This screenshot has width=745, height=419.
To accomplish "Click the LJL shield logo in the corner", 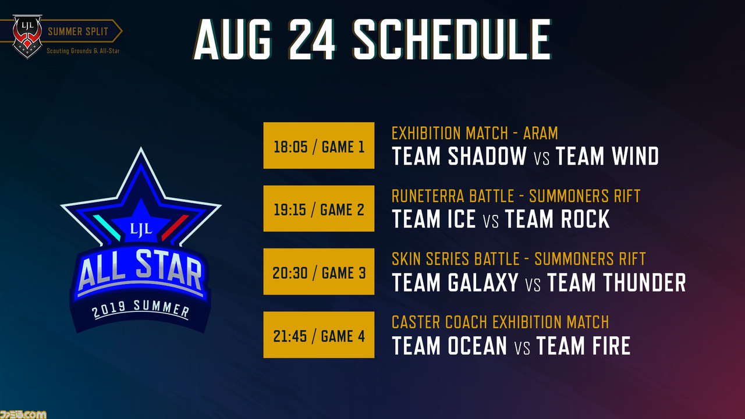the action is tap(27, 36).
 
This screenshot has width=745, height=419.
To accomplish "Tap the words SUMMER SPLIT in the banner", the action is tap(78, 31).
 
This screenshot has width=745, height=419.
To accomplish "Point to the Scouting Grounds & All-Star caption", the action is tap(83, 51).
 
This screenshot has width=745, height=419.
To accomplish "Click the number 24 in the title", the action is tap(311, 39).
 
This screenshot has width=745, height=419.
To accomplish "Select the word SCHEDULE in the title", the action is tap(452, 39).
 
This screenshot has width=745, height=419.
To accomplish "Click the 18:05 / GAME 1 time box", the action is tap(318, 145).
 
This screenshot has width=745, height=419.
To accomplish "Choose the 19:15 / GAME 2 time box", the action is tap(318, 208).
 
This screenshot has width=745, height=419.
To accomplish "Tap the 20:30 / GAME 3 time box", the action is tap(318, 271).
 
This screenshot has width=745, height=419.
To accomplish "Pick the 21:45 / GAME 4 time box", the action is tap(318, 335).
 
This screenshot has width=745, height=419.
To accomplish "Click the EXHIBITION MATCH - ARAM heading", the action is tap(474, 133).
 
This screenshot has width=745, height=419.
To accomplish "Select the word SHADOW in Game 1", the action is tap(487, 156).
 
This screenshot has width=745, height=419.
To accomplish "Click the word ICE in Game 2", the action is tap(462, 219).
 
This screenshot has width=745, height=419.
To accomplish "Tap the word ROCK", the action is tap(585, 219).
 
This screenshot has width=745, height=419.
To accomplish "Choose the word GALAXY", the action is tap(483, 282).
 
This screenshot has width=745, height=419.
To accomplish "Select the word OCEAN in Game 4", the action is tap(477, 346).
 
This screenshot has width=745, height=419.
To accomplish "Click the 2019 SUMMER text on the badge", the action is tap(141, 310).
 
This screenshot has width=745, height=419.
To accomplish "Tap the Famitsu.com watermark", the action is tap(23, 414).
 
